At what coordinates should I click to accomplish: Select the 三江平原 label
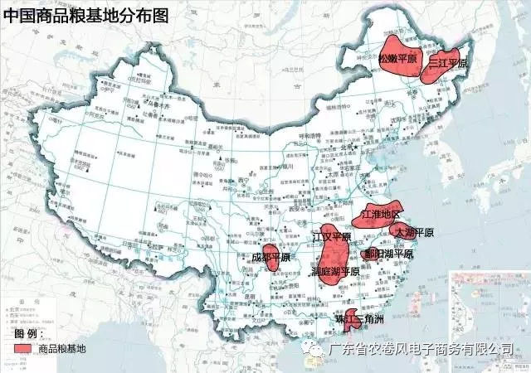[448, 63]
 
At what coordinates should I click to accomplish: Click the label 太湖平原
[414, 232]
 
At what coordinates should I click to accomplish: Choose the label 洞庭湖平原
[335, 271]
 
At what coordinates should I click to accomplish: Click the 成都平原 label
[270, 258]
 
